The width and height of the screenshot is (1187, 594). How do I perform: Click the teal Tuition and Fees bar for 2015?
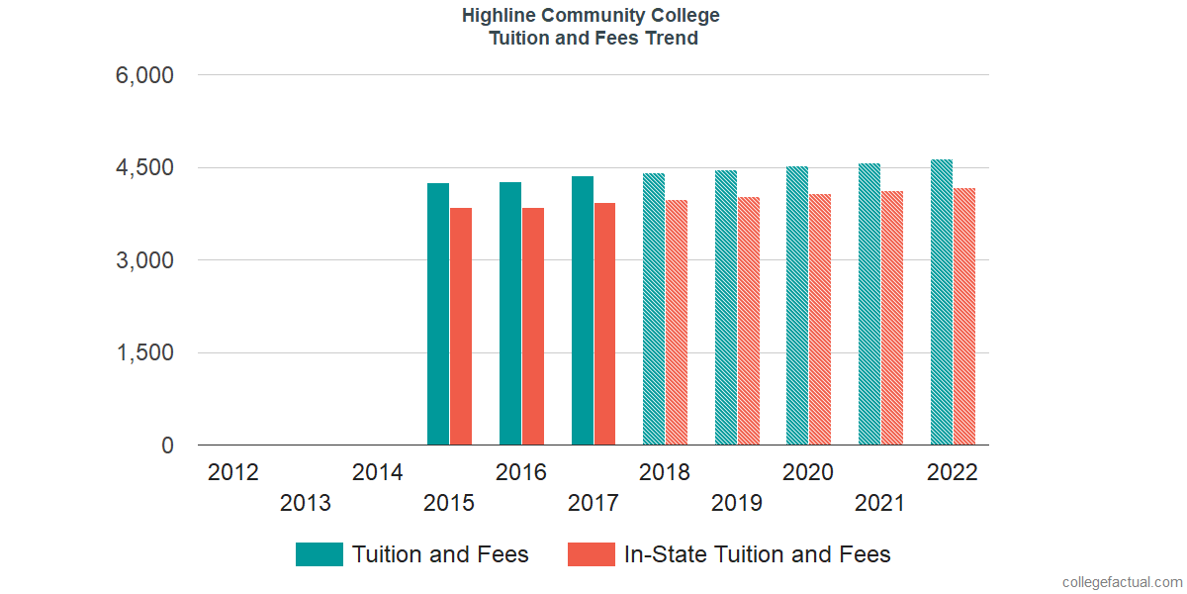(438, 315)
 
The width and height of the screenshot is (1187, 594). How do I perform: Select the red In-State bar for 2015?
(461, 327)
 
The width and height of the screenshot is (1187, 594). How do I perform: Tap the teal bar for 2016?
(510, 314)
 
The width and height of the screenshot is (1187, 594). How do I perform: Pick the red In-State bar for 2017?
(604, 324)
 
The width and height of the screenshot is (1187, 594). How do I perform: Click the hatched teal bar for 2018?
(654, 310)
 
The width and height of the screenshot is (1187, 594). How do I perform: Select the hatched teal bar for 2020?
(797, 306)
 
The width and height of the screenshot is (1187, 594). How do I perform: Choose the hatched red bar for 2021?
(892, 318)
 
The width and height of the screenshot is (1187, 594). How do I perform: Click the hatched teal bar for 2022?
(942, 302)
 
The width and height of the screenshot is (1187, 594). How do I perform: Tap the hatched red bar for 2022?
(964, 317)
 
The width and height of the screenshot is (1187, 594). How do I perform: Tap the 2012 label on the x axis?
(233, 472)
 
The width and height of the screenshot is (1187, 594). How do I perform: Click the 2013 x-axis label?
(306, 504)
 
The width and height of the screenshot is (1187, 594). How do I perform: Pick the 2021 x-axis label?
(880, 504)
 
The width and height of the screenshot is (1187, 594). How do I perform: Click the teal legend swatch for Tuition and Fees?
(320, 554)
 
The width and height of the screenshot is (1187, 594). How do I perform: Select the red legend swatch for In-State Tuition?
(592, 554)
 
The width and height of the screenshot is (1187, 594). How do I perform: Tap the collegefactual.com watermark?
(1122, 582)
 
